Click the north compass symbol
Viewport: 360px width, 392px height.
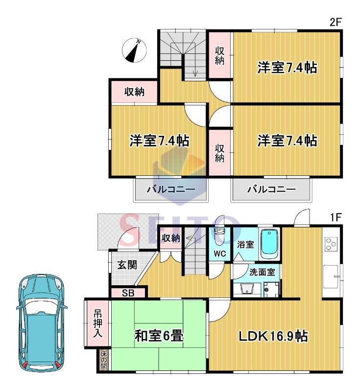[134, 50]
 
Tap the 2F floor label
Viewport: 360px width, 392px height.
[336, 23]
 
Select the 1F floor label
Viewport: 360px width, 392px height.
[336, 218]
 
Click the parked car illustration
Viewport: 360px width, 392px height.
[42, 322]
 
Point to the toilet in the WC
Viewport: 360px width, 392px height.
[219, 236]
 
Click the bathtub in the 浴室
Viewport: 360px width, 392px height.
[269, 244]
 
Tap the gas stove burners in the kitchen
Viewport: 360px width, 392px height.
[331, 244]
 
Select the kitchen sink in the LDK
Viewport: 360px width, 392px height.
[331, 276]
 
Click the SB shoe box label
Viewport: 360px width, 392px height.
[128, 293]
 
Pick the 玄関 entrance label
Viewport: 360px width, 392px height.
[127, 265]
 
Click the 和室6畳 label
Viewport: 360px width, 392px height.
[159, 336]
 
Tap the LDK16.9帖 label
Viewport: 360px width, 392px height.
[273, 336]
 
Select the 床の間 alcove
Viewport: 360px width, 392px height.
[104, 360]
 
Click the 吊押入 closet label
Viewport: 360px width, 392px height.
[97, 323]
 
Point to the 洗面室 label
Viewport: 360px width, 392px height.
[262, 272]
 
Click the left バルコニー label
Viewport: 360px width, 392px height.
[171, 189]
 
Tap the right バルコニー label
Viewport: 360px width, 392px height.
[271, 189]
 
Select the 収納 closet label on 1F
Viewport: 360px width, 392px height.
[170, 238]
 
